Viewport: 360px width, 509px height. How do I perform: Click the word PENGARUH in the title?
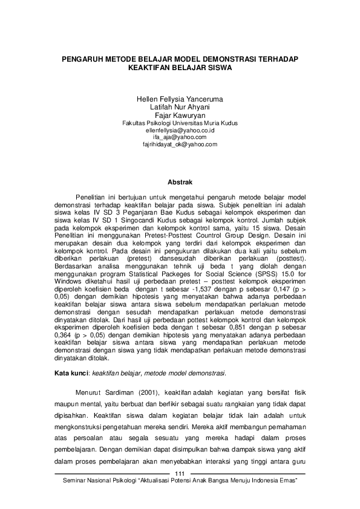point(84,60)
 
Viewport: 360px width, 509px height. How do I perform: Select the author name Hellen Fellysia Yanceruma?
point(180,99)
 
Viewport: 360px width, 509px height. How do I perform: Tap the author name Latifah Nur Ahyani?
point(180,106)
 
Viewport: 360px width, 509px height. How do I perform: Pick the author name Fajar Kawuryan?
point(180,114)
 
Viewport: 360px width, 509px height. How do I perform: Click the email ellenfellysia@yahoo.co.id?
point(180,130)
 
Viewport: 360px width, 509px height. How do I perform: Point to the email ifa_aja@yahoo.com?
point(180,137)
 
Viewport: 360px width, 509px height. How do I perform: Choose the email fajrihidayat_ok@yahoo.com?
point(180,144)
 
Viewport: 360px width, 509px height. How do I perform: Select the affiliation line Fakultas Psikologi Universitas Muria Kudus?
point(180,122)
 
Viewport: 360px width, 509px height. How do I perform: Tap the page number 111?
point(180,473)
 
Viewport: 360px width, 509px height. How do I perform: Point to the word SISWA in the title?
point(220,69)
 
